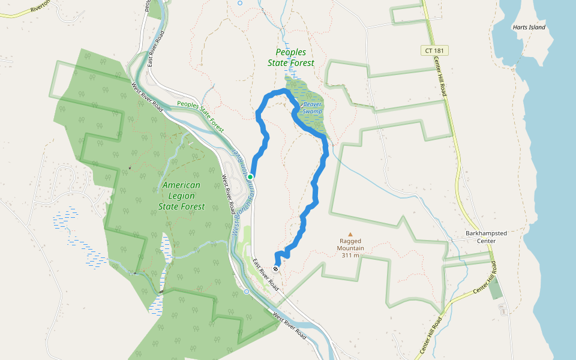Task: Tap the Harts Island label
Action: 528,27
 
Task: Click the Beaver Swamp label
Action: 312,108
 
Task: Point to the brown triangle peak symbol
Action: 350,235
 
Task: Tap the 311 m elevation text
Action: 350,255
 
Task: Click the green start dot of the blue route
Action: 250,177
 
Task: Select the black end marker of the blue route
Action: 277,269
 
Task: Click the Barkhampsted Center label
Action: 481,236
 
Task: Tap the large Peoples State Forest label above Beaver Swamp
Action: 295,58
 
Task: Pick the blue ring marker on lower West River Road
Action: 247,292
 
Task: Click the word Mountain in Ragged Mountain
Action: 350,248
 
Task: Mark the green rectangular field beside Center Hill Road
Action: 495,289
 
